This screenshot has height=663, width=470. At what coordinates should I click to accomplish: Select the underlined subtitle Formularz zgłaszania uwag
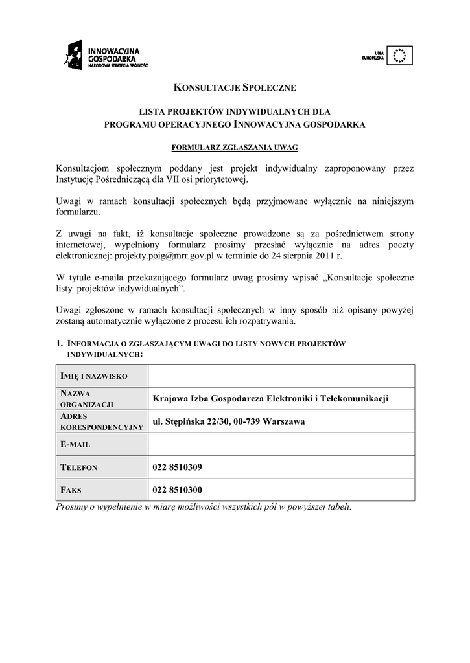[235, 148]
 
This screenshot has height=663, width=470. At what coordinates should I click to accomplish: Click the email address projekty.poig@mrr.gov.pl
[164, 256]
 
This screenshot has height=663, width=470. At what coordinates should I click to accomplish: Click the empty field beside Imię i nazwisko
[281, 376]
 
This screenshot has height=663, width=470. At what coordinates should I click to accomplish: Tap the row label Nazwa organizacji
[87, 398]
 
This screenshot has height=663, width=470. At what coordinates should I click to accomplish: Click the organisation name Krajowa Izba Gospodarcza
[270, 398]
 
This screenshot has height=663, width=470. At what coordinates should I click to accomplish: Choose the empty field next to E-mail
[281, 444]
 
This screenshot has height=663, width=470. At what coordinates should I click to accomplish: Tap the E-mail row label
[75, 445]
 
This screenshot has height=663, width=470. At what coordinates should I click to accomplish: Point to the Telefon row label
[78, 467]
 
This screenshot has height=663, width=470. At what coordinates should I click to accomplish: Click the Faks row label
[71, 490]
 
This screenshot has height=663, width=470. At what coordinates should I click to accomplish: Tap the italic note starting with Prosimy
[204, 506]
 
